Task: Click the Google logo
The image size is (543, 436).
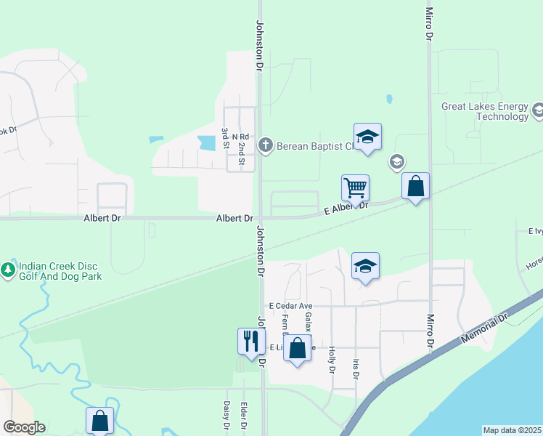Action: click(x=24, y=427)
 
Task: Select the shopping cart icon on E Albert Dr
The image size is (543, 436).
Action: click(x=355, y=187)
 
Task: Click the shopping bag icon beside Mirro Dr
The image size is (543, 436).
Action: click(x=415, y=186)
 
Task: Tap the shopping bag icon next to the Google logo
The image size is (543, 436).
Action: click(x=99, y=421)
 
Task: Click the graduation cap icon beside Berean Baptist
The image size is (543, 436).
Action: click(x=367, y=137)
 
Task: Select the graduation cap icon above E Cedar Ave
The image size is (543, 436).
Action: click(x=366, y=266)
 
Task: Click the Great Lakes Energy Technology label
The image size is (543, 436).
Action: click(x=485, y=111)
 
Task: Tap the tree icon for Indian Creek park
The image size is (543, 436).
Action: click(x=8, y=270)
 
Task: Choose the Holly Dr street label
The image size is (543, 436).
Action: click(x=331, y=360)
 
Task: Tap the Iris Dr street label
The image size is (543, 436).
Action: click(x=355, y=368)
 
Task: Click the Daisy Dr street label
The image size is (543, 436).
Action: click(x=226, y=416)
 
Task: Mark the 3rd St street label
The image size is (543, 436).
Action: click(x=225, y=138)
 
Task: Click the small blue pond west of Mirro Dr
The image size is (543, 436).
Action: click(x=390, y=99)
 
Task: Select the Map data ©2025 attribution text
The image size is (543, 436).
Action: click(x=513, y=430)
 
